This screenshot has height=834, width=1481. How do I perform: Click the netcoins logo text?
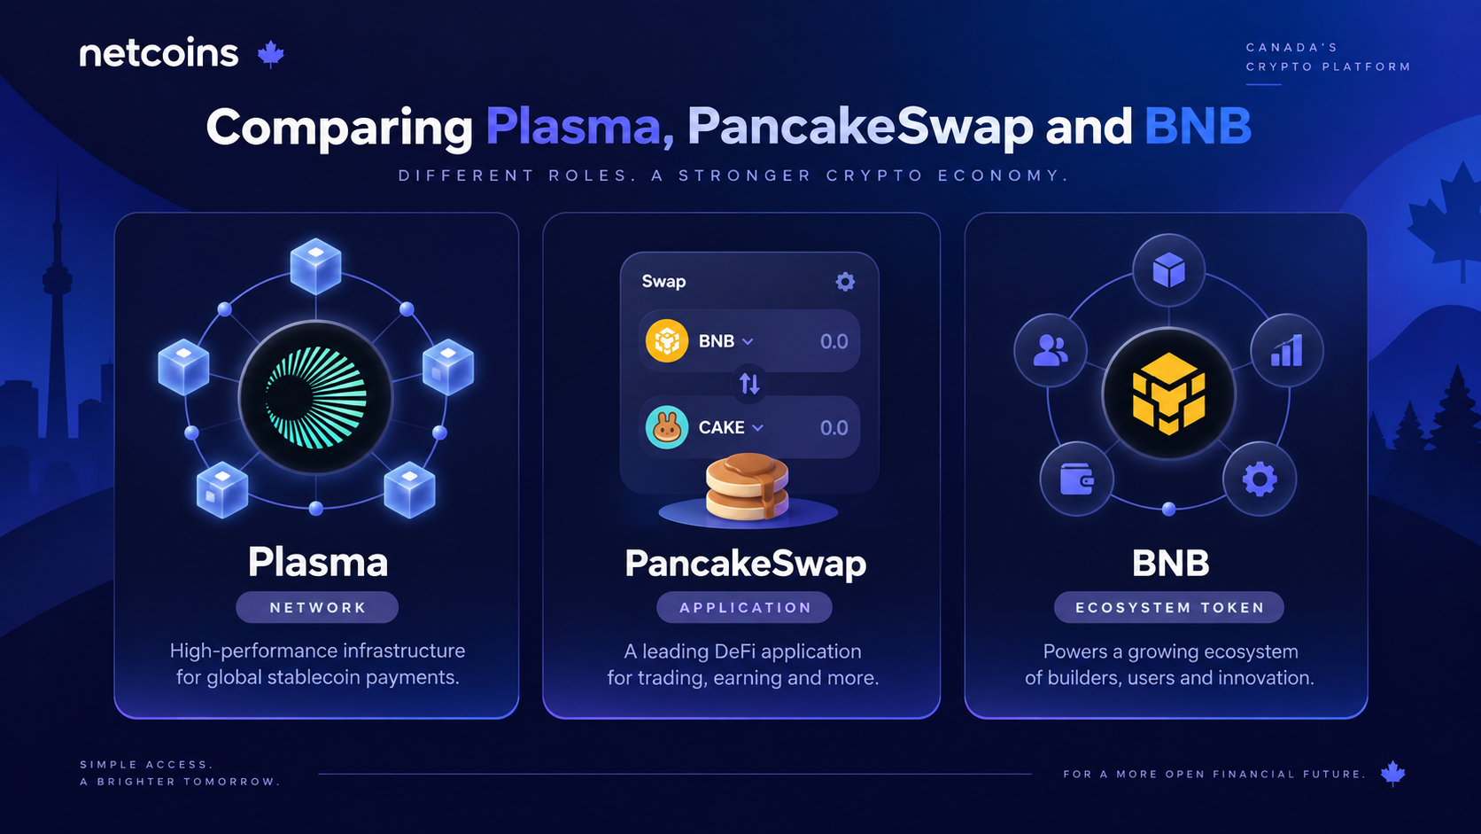(159, 53)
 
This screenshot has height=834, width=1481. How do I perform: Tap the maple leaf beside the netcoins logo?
(270, 54)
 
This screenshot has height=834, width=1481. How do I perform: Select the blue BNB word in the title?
(1198, 126)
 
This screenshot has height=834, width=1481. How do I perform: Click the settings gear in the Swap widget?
(845, 282)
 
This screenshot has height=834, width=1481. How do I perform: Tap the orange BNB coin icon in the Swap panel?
(666, 340)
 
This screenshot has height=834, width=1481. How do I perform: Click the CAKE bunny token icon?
(666, 427)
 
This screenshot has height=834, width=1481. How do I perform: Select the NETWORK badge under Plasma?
(317, 607)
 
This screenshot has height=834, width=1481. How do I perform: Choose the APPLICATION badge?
(744, 607)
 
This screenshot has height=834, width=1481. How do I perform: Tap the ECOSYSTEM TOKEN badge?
(1169, 607)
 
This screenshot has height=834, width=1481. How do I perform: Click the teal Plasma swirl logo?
(315, 398)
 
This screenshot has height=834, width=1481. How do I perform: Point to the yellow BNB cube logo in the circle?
(1169, 394)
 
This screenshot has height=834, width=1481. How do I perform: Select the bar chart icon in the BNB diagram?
(1287, 350)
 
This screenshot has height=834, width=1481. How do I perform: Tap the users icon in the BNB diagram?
(1050, 350)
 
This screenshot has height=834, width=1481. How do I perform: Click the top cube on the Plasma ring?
(316, 266)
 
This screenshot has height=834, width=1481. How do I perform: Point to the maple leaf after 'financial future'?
(1393, 773)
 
